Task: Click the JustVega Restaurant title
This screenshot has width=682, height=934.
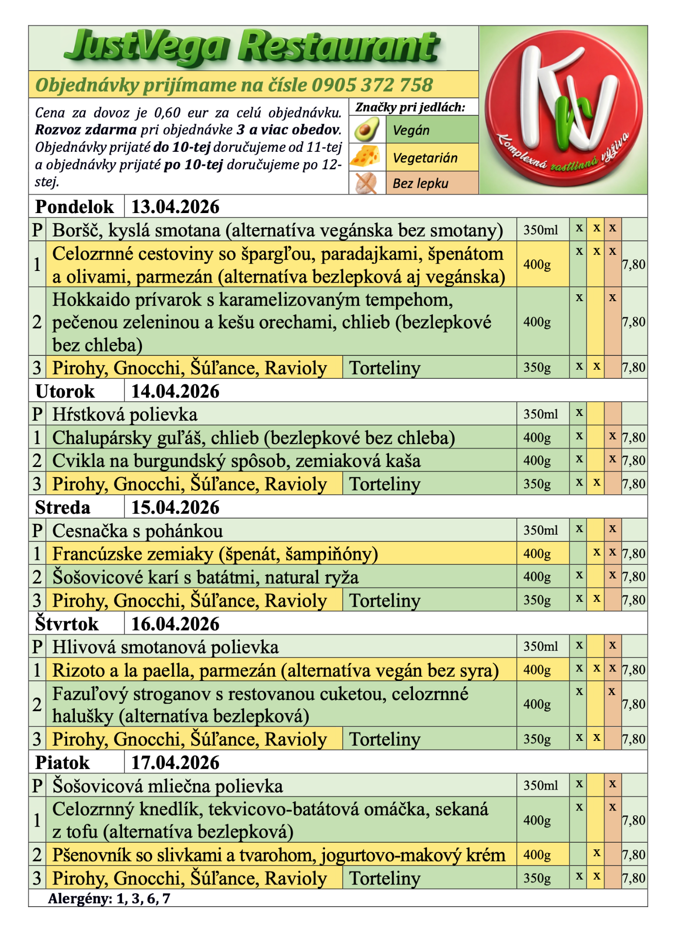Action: (252, 47)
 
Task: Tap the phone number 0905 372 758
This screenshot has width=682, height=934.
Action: (372, 85)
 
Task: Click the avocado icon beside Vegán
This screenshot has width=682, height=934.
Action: (367, 130)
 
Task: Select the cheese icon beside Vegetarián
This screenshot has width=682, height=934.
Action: (367, 157)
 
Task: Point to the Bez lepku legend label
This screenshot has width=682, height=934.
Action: (421, 183)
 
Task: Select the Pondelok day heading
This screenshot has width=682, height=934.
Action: (74, 207)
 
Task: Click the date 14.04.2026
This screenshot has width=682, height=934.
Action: (175, 391)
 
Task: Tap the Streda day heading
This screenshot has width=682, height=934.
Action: (63, 507)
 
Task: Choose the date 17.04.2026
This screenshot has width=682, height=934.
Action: (175, 762)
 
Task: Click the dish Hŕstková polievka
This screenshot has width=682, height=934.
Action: (125, 414)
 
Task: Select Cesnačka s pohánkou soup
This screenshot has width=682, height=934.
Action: (138, 531)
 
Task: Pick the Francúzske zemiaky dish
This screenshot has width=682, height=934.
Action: (215, 554)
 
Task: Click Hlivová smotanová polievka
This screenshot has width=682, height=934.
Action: (165, 647)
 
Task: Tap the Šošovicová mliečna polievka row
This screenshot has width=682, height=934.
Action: (167, 786)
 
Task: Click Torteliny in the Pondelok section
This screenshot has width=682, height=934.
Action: (385, 368)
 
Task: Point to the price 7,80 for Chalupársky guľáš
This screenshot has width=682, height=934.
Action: (634, 437)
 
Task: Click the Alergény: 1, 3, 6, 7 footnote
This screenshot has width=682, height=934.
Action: (109, 898)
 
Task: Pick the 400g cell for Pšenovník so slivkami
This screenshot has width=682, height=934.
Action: (537, 855)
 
